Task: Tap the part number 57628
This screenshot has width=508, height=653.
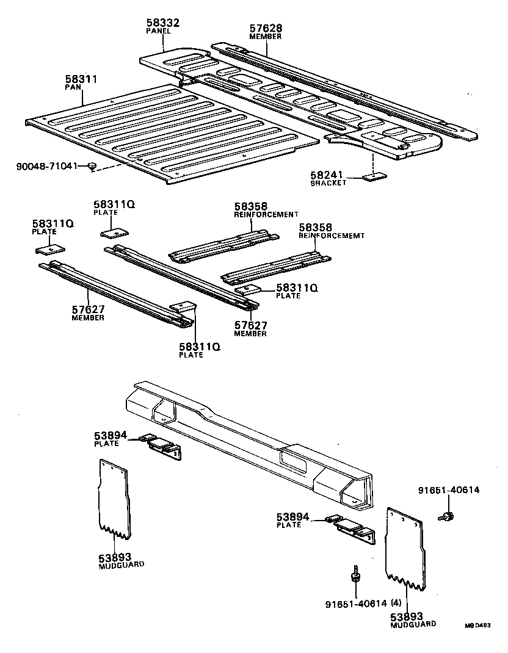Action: (266, 28)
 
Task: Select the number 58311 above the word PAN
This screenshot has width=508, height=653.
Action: (81, 79)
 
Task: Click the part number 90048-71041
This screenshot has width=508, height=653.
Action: (46, 166)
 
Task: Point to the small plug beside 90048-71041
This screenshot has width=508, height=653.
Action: (92, 166)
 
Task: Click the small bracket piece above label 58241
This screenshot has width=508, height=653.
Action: (374, 176)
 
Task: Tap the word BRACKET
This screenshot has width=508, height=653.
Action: (328, 183)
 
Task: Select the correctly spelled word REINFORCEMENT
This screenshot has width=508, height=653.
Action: (266, 214)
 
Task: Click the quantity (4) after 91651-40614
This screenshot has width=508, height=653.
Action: (396, 604)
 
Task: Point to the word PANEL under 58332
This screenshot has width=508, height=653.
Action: (158, 31)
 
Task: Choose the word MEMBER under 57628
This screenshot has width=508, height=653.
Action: (266, 37)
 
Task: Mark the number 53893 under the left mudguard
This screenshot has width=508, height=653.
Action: (113, 557)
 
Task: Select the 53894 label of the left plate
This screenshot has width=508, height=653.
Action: (110, 435)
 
